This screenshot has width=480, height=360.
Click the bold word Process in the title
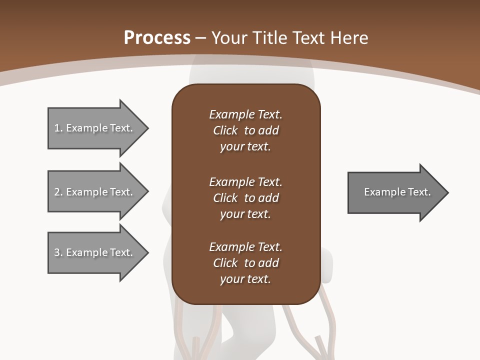157,38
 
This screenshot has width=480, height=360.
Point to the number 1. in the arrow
58,128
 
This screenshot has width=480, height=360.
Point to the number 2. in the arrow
58,192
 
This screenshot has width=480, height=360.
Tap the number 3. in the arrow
58,252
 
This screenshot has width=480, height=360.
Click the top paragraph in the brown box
245,130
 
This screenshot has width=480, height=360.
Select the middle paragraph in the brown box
245,198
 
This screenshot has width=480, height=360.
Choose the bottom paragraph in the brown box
245,263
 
